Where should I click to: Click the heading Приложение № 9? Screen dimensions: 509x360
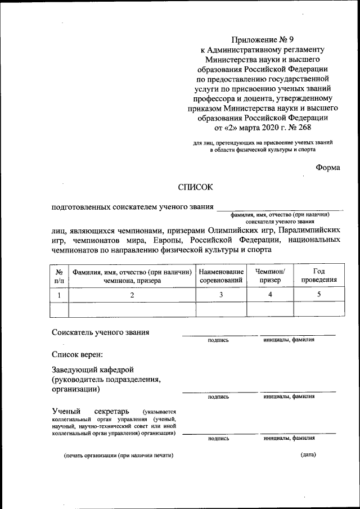tap(263, 39)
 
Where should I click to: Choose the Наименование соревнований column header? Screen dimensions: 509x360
tap(221, 275)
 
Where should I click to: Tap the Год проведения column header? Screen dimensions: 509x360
tap(318, 275)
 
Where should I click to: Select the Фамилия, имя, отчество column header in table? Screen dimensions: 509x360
tap(132, 275)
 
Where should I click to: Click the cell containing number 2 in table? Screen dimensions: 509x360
tap(132, 295)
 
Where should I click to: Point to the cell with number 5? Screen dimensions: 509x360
tap(318, 295)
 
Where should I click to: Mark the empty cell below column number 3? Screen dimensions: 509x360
tap(221, 309)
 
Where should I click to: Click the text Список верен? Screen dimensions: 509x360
tap(78, 354)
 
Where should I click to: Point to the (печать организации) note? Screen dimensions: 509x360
tap(118, 455)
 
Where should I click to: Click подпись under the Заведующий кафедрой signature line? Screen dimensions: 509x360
tap(218, 397)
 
